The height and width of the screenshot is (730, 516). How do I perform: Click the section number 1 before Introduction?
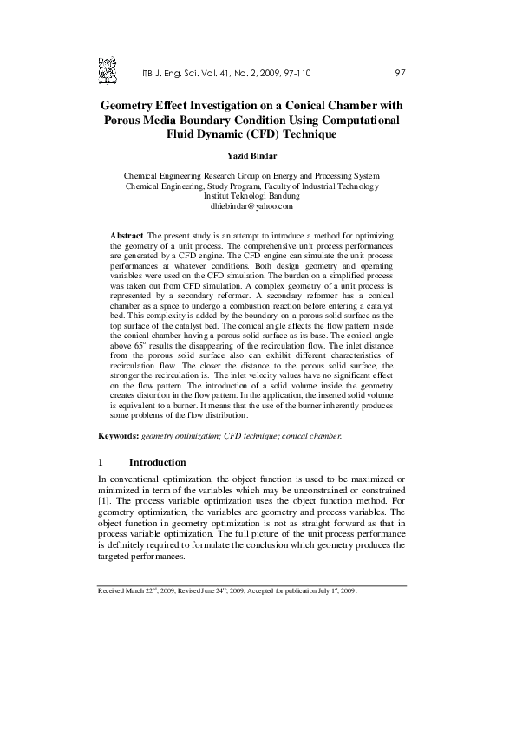(101, 462)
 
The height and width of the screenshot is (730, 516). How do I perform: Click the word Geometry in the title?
(134, 105)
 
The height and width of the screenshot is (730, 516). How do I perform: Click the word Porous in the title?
(130, 120)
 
